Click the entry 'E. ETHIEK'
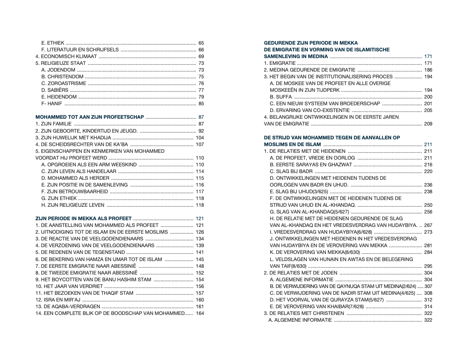click(53, 43)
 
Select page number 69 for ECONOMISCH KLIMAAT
click(201, 56)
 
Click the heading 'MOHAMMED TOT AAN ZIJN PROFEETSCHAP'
click(89, 117)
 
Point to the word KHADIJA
click(101, 138)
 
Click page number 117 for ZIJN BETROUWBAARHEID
click(200, 192)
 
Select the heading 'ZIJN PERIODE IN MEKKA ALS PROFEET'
click(83, 219)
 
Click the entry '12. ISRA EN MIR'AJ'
click(58, 300)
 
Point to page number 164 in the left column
click(200, 313)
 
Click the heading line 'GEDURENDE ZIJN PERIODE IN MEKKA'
click(311, 43)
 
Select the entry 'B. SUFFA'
click(280, 97)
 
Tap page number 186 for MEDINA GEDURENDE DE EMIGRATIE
click(428, 70)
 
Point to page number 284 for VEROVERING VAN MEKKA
click(428, 252)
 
